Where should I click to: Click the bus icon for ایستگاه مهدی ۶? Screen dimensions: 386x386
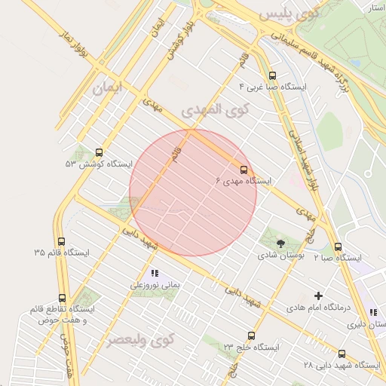[244, 170]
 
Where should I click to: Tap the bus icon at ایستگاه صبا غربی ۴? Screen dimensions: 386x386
[272, 75]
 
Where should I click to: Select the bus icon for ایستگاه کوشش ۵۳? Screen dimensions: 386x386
[100, 152]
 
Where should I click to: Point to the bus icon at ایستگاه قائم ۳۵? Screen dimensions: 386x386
[61, 241]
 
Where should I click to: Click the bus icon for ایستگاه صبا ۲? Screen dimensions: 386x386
[337, 247]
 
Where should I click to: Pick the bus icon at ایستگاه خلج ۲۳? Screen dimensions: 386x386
[251, 335]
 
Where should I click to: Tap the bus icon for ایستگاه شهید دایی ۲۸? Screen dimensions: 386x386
[342, 354]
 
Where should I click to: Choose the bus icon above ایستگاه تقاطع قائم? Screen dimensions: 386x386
[62, 298]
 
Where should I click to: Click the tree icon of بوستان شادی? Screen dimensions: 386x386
[280, 243]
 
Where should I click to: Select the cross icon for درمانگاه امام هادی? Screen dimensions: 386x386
[318, 296]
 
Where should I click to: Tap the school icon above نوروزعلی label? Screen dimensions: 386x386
[154, 274]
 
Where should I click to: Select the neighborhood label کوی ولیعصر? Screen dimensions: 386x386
[139, 341]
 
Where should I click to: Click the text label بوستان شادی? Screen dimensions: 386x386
[280, 256]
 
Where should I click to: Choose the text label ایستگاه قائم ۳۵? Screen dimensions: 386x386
[61, 253]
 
